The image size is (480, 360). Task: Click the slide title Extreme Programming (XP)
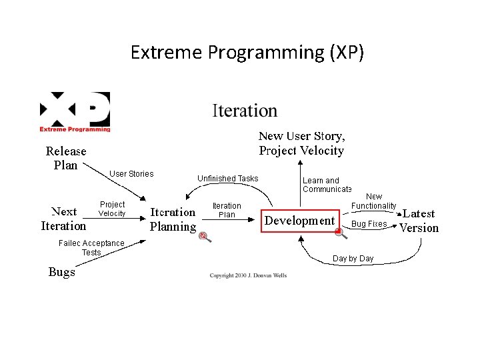pos(247,52)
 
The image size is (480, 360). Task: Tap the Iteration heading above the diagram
pos(245,111)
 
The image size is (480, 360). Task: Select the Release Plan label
pos(66,158)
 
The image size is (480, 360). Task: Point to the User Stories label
pos(131,174)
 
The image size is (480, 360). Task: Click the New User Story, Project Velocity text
pos(301,143)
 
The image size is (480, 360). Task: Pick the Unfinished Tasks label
pos(227,179)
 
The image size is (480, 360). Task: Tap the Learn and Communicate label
pos(326,185)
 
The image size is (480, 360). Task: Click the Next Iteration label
pos(63,219)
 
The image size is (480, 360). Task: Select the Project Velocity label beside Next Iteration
pos(112,209)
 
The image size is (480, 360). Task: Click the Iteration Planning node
pos(173,219)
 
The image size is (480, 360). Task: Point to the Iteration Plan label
pos(227,210)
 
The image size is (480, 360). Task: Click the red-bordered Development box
pos(299,221)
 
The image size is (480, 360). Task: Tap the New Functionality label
pos(374,201)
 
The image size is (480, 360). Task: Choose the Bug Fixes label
pos(369,224)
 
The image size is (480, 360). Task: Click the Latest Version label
pos(419,221)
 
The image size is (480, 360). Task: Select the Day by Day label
pos(353,259)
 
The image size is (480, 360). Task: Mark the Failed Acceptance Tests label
pos(91,247)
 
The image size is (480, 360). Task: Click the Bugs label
pos(61,272)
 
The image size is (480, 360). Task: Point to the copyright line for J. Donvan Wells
pos(248,275)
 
